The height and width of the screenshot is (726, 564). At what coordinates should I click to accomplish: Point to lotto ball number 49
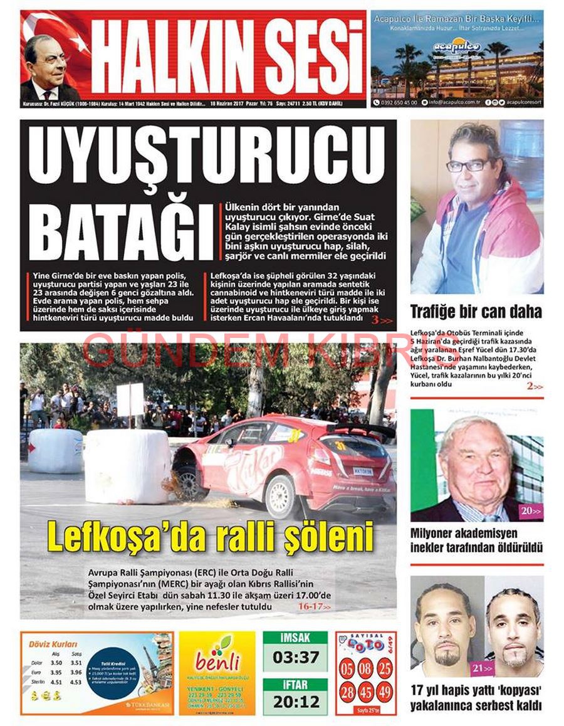tap(385, 692)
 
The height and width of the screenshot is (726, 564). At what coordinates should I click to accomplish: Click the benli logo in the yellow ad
tap(217, 659)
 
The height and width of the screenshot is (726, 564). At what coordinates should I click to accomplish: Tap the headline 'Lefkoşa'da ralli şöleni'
tap(211, 538)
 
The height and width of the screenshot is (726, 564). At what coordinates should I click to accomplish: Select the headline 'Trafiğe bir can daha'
tap(476, 312)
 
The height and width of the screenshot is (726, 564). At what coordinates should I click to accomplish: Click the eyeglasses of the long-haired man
tap(467, 166)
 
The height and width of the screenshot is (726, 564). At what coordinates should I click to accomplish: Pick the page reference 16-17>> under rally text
tap(314, 606)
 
